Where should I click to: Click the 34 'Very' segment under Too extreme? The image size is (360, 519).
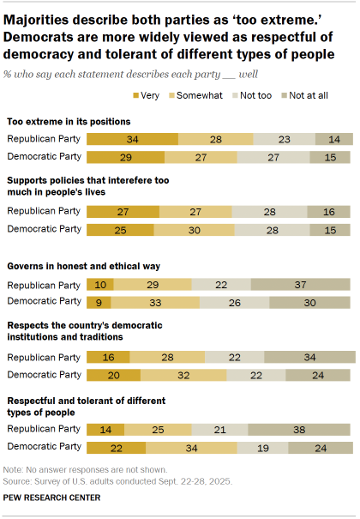click(133, 139)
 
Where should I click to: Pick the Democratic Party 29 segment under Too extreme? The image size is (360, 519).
click(126, 157)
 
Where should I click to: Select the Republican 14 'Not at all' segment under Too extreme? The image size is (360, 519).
click(333, 139)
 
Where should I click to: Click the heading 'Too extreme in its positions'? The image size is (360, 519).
click(69, 122)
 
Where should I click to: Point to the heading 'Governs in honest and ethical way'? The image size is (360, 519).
click(83, 267)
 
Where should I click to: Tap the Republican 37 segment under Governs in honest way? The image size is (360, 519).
click(301, 284)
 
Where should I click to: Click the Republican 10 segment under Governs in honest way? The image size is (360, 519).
click(101, 284)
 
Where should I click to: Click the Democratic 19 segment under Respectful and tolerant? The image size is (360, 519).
click(261, 447)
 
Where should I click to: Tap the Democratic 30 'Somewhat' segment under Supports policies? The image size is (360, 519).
click(193, 229)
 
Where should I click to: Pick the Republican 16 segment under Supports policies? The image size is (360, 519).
click(330, 211)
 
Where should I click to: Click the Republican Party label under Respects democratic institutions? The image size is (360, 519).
click(45, 357)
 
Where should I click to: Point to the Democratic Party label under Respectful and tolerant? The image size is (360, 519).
click(45, 447)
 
